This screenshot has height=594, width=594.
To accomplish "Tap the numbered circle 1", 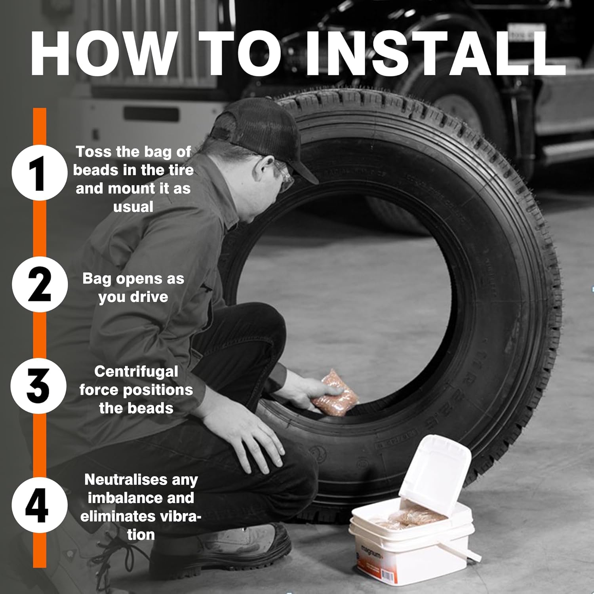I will click(39, 173).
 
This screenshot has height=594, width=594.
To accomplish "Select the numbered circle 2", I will click(39, 284).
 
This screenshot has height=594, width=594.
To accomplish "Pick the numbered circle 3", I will click(38, 386).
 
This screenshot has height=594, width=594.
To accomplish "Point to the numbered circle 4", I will click(38, 505).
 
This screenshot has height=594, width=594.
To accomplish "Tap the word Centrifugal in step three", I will click(136, 371).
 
